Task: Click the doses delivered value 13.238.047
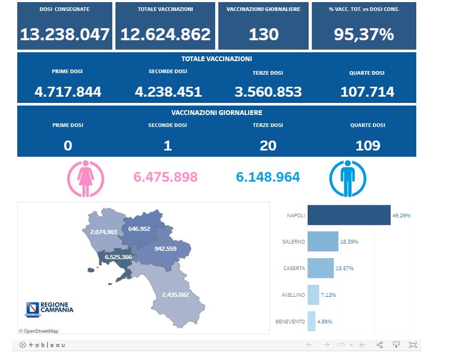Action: click(65, 34)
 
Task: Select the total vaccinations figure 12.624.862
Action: click(165, 34)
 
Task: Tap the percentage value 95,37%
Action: click(364, 34)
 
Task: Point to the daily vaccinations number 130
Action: click(263, 34)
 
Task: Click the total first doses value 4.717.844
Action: click(68, 92)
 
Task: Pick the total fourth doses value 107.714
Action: click(367, 92)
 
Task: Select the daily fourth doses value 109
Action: click(368, 146)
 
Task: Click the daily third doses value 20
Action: click(268, 146)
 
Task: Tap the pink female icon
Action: click(86, 178)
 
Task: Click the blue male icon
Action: click(347, 178)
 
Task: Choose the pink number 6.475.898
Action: click(166, 177)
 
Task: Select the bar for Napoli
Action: click(349, 215)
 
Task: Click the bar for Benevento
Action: click(311, 321)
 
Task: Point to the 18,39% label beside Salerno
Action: click(349, 242)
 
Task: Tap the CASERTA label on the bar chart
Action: click(294, 268)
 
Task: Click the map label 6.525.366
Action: click(118, 257)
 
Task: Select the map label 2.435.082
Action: click(175, 295)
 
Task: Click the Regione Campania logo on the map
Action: click(50, 308)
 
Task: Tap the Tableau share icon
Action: click(380, 345)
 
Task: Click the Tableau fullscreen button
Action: click(413, 345)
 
